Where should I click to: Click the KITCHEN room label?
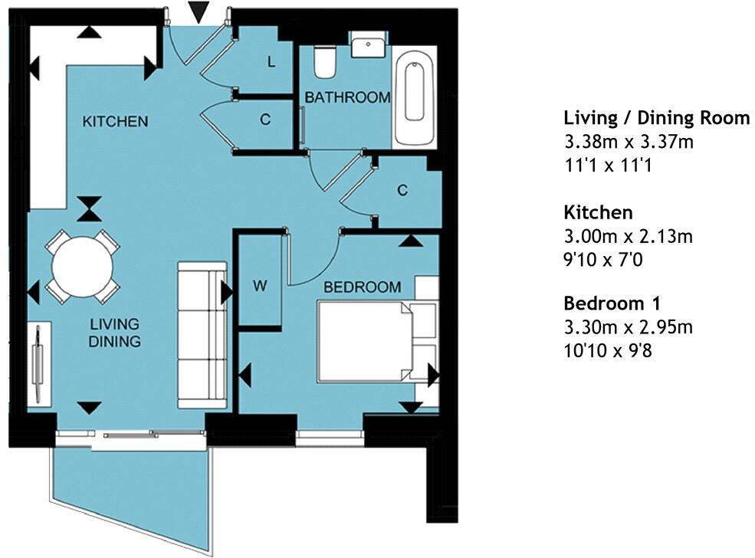pos(115,122)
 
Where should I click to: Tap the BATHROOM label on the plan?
pos(347,98)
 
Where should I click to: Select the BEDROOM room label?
pos(362,287)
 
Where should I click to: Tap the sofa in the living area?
pos(202,335)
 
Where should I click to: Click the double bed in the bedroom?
pos(366,341)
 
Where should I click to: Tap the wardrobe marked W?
pos(260,287)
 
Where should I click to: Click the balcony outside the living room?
pos(130,491)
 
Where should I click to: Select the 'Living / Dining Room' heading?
pos(656,118)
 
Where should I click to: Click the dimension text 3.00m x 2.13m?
pos(628,237)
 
